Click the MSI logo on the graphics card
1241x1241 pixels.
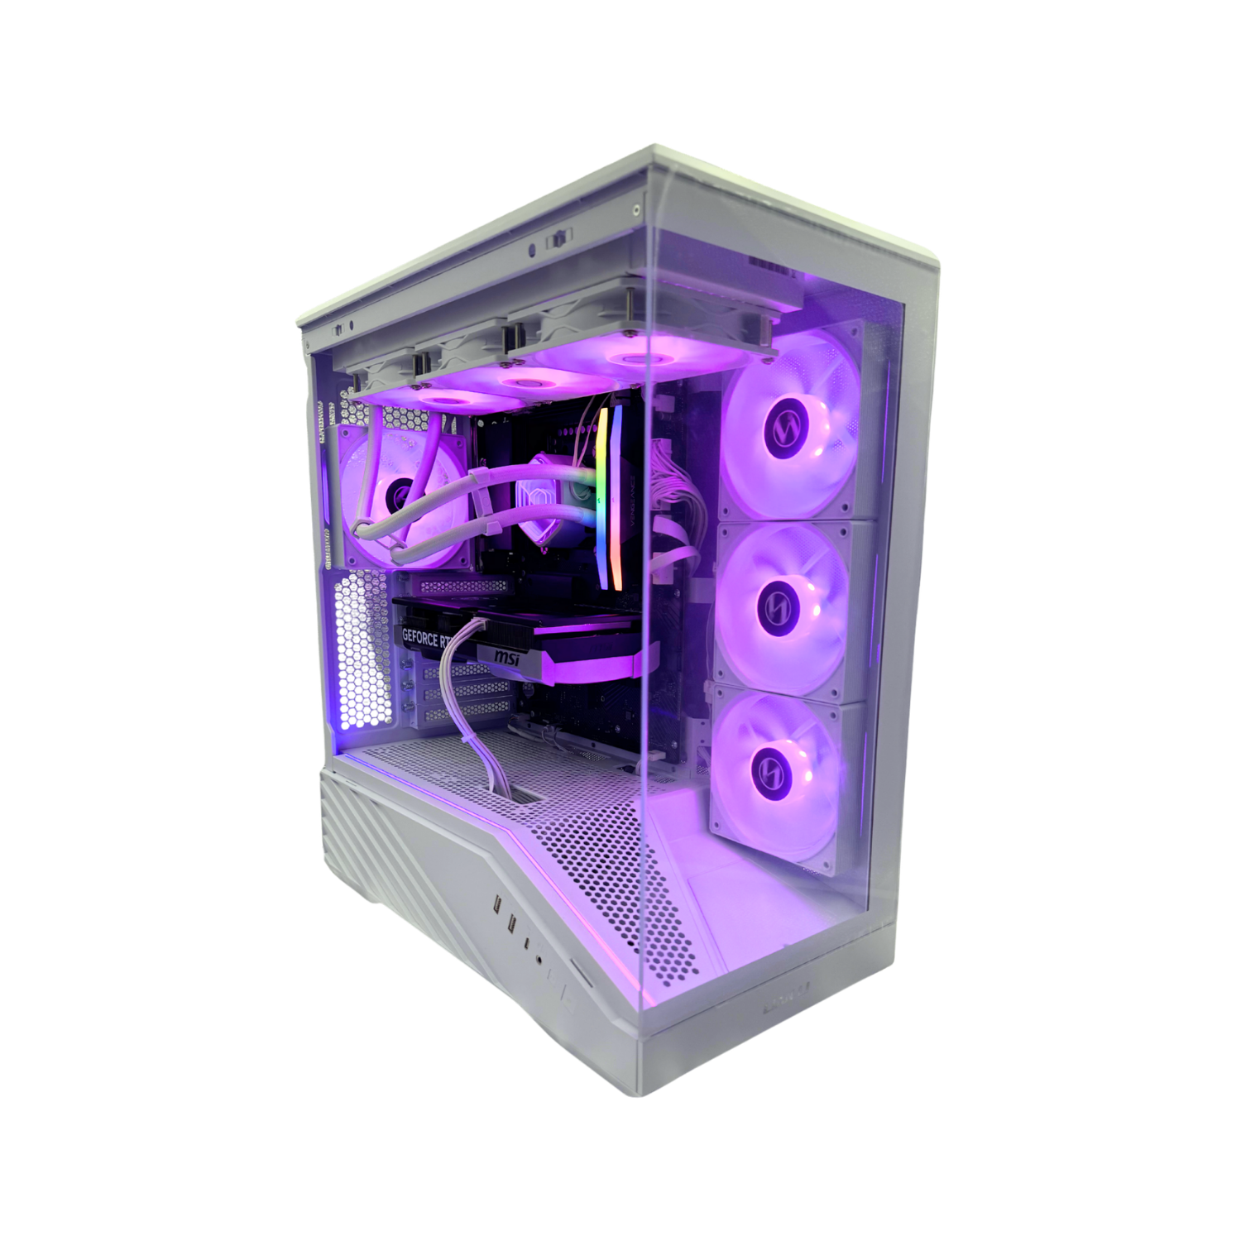tap(506, 657)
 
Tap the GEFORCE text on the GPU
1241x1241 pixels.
tap(420, 637)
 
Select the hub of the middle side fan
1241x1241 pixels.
tap(779, 606)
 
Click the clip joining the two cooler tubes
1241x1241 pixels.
tap(480, 476)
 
